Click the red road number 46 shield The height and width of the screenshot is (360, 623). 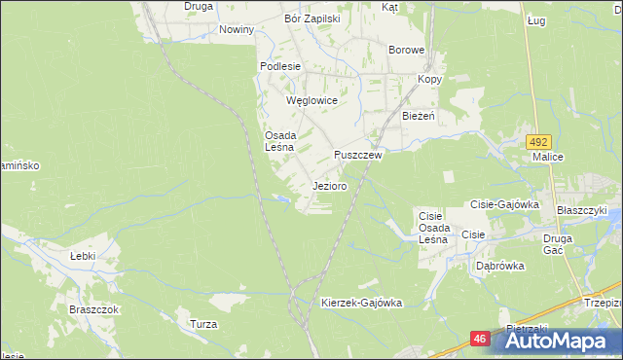pos(479,339)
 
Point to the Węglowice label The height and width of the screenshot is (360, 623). pos(311,100)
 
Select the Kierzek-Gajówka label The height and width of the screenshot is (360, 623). pos(361,303)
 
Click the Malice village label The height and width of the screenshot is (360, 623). pos(548,155)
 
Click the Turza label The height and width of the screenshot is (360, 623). pos(203,323)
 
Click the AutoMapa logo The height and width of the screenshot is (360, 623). pos(555,342)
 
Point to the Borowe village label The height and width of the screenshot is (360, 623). pos(407,50)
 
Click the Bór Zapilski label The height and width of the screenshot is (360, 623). pos(311,18)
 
